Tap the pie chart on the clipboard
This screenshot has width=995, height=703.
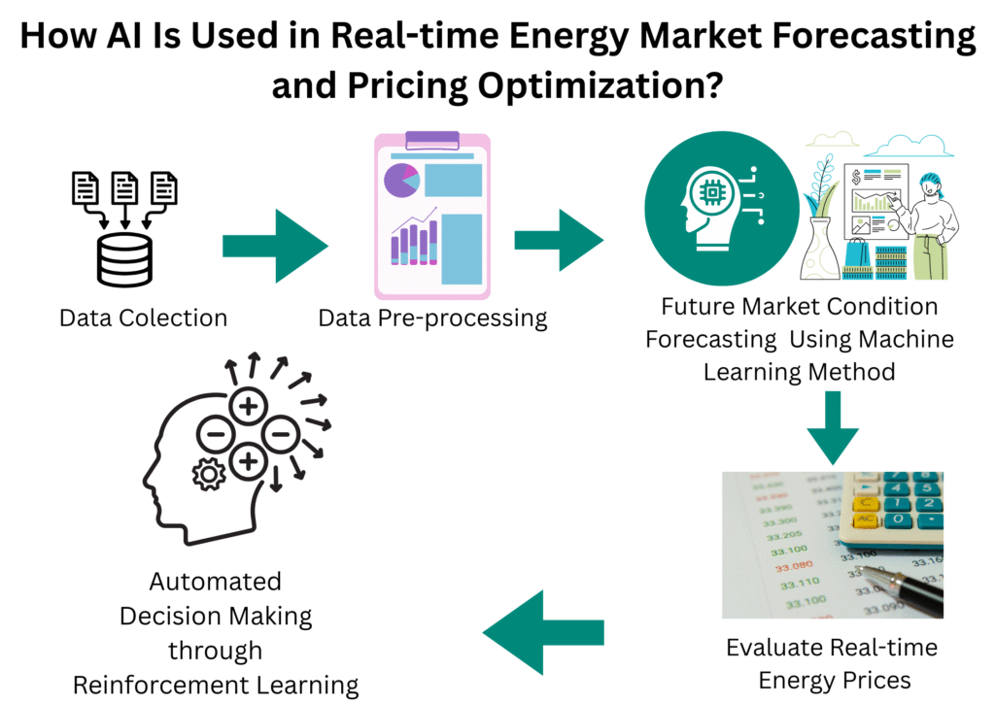(x=399, y=180)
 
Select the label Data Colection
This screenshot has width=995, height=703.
(x=143, y=318)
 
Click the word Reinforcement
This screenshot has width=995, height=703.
(x=165, y=684)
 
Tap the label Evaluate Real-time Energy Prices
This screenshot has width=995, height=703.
(x=833, y=663)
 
